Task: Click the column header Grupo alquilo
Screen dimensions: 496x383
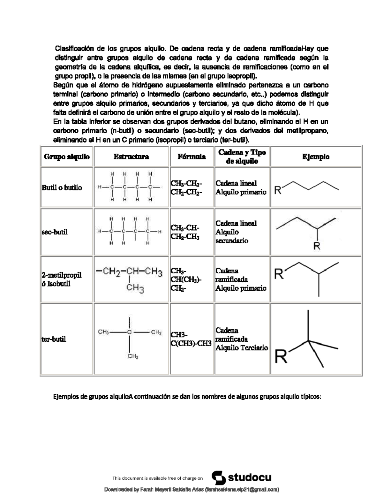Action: point(67,157)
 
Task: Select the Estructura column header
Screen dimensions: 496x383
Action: point(131,157)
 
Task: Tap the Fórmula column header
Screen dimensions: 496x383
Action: point(191,157)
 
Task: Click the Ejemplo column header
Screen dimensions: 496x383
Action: point(316,157)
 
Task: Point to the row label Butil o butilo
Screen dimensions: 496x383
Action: point(62,188)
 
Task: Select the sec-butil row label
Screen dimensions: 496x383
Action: point(55,232)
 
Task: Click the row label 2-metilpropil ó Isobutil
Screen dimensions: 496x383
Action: point(62,279)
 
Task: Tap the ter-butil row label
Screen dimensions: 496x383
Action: point(54,339)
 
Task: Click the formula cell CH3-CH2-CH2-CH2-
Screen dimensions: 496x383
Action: point(186,188)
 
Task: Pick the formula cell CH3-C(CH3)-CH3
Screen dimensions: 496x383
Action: point(191,339)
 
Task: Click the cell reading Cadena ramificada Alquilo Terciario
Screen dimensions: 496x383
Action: point(242,339)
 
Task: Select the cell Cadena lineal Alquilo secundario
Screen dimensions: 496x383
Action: point(236,232)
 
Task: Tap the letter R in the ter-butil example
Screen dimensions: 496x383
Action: point(281,357)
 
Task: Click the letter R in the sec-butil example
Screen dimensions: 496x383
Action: point(317,246)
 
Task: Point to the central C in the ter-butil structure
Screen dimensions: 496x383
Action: point(129,332)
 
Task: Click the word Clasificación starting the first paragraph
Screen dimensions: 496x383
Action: point(74,49)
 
